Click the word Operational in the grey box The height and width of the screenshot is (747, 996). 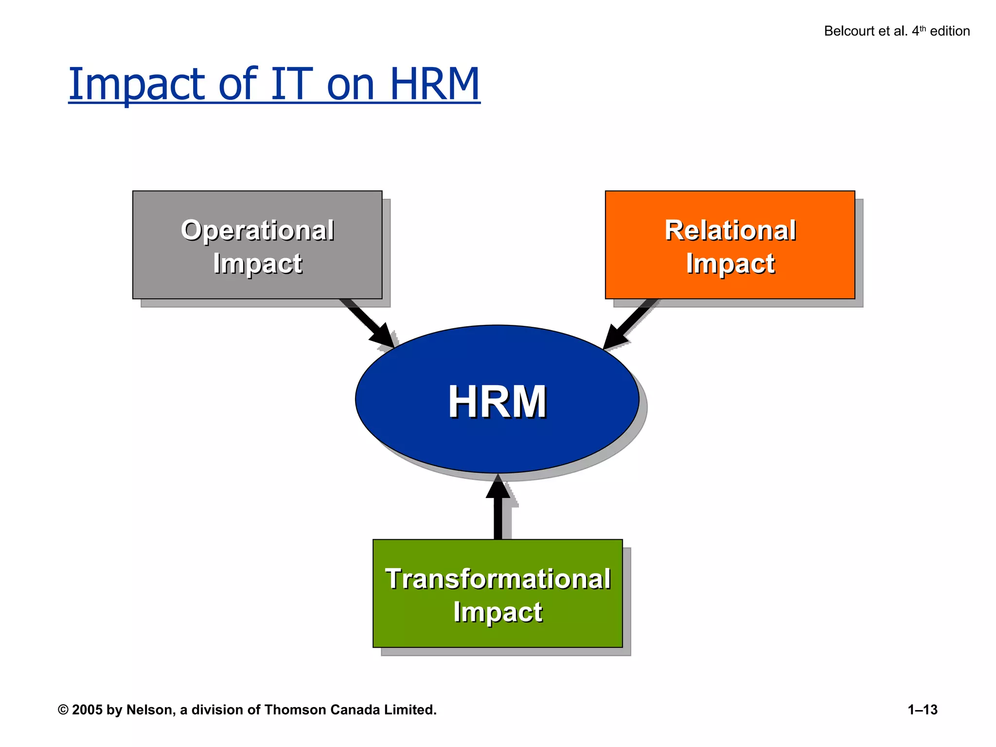(x=257, y=230)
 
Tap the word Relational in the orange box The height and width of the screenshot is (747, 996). (x=730, y=230)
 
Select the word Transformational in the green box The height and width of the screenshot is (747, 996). (x=498, y=579)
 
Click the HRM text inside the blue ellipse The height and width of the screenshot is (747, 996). (x=497, y=402)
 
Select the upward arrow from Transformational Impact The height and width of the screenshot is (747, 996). (x=498, y=508)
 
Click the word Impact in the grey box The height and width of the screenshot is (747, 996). (x=257, y=264)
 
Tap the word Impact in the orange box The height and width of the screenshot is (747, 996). (x=730, y=264)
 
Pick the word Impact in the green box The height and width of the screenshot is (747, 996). (x=498, y=612)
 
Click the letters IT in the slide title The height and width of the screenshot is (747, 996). (x=290, y=84)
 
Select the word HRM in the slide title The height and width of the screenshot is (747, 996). (x=434, y=84)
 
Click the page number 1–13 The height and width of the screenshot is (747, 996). (x=922, y=710)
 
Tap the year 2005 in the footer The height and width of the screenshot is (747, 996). (x=87, y=710)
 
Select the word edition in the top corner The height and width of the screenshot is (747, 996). (x=949, y=31)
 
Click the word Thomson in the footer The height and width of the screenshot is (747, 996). (x=296, y=710)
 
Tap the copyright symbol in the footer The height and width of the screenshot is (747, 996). (x=63, y=710)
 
